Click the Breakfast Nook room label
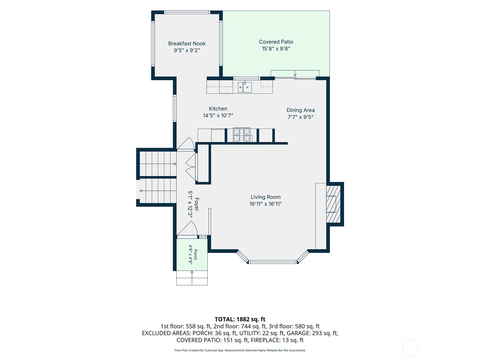[x=187, y=43]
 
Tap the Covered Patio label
[x=276, y=42]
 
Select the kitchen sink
[x=245, y=87]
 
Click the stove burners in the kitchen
[x=241, y=135]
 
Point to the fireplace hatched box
[x=333, y=204]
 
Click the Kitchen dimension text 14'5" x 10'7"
[x=218, y=115]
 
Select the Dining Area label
[x=301, y=110]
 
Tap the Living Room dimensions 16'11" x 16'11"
[x=265, y=204]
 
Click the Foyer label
[x=196, y=204]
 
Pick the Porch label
[x=196, y=255]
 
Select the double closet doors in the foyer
[x=190, y=166]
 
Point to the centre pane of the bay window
[x=273, y=262]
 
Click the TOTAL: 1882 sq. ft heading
[x=240, y=319]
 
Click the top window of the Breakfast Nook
[x=187, y=12]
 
